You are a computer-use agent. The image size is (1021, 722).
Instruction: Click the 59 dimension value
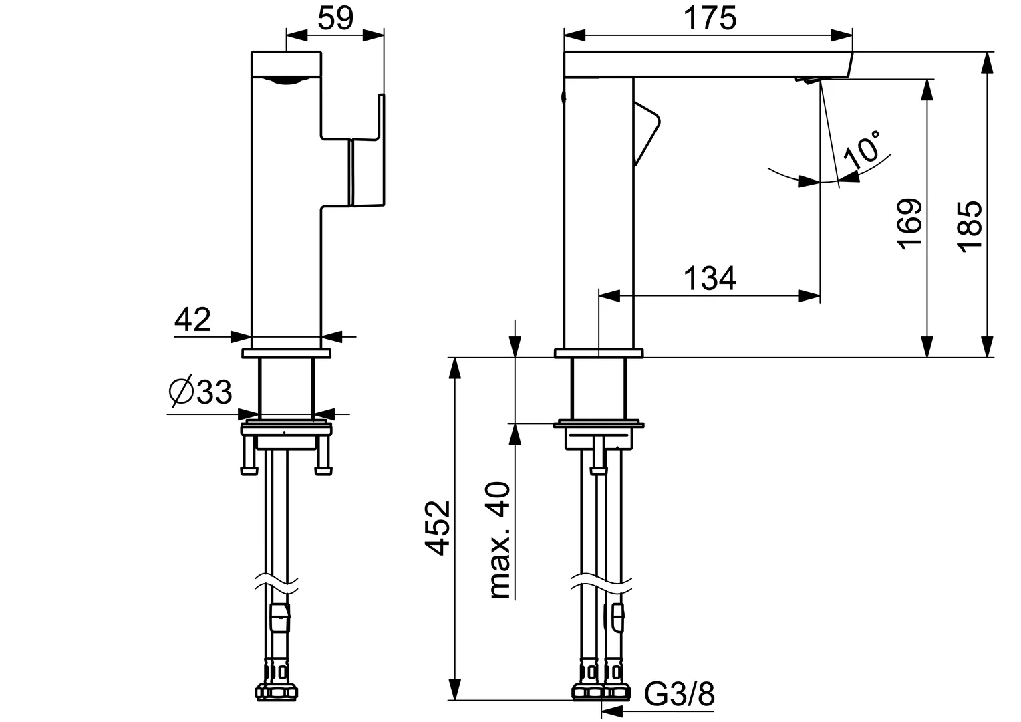[x=335, y=18]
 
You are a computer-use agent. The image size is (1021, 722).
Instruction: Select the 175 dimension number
[x=710, y=18]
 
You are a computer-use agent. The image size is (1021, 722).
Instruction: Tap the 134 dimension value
[x=709, y=278]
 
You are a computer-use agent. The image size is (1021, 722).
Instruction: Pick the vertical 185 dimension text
[x=970, y=227]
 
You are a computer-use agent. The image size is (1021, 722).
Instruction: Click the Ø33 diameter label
[x=200, y=392]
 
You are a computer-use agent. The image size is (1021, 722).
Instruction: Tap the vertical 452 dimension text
[x=438, y=527]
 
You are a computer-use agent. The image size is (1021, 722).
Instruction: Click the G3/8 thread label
[x=680, y=695]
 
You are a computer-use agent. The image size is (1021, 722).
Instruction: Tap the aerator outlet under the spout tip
[x=806, y=81]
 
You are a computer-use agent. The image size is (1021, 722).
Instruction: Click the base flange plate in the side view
[x=599, y=352]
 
